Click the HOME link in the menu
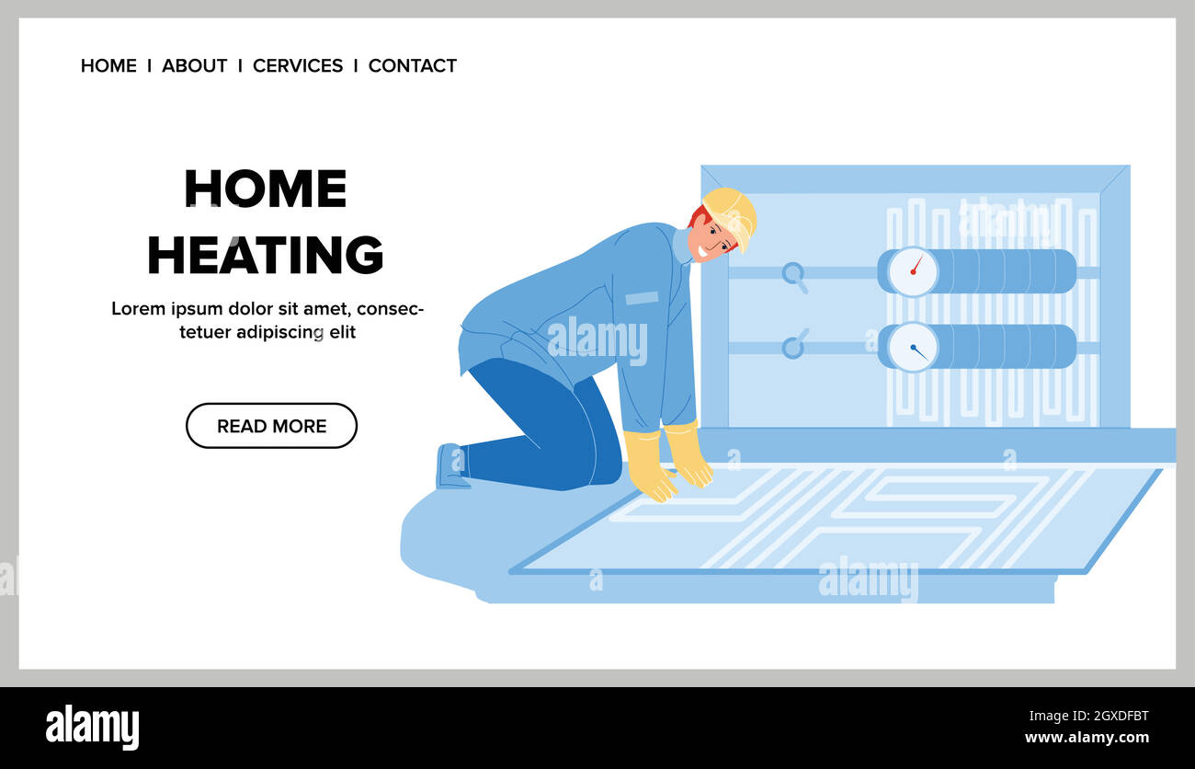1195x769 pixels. [108, 66]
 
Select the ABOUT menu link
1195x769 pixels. [194, 66]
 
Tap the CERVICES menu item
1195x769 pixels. [298, 66]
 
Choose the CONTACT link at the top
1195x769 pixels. [412, 66]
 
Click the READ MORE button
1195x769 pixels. [271, 426]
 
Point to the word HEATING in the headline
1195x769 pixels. [265, 255]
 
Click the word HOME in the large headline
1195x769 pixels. [265, 189]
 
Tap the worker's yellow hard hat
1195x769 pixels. [732, 210]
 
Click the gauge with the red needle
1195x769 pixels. [913, 271]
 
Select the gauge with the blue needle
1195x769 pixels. [913, 347]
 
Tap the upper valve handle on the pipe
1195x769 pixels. [793, 275]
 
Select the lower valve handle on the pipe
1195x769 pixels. [793, 346]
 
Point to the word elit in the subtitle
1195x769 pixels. [341, 333]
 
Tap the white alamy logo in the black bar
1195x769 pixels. [92, 728]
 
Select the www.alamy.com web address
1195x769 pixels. [1086, 738]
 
